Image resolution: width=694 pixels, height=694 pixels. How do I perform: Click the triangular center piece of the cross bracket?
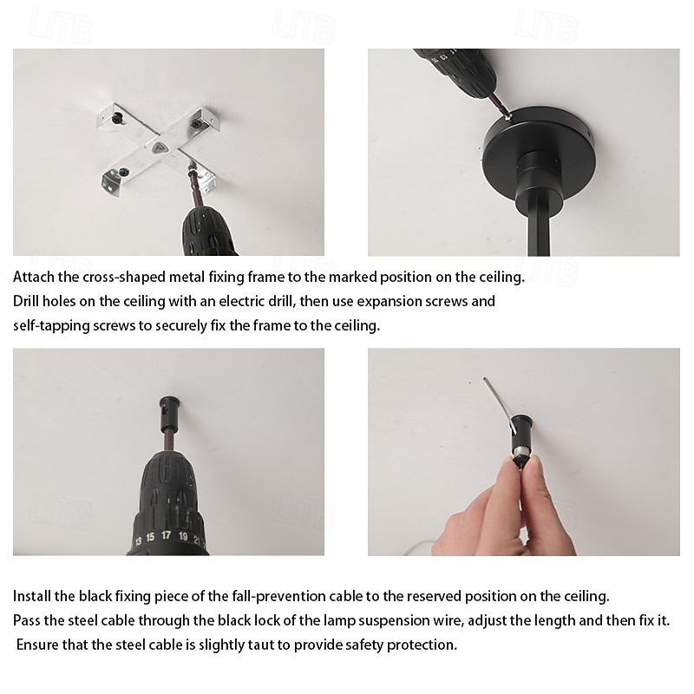pyautogui.click(x=160, y=147)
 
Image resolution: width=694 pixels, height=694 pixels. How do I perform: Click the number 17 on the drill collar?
pyautogui.click(x=166, y=535)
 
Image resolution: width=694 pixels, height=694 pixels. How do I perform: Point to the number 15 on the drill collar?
pyautogui.click(x=150, y=537)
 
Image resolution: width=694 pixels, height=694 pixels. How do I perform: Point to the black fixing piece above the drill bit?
pyautogui.click(x=167, y=410)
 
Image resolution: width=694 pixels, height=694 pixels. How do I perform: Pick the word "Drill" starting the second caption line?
pyautogui.click(x=26, y=301)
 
